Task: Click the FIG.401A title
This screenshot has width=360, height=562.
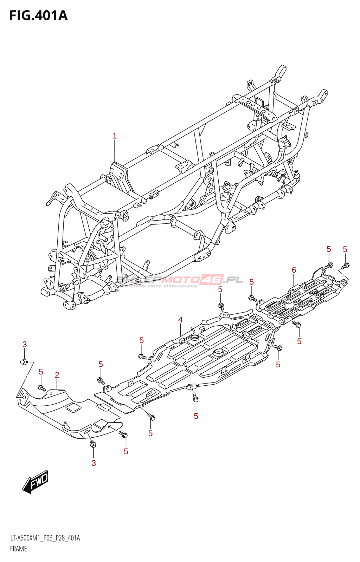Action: point(38,16)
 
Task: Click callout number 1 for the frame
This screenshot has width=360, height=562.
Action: point(114,136)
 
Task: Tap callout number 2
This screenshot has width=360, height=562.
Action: point(57,375)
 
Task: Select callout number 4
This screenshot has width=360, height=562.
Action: point(180,320)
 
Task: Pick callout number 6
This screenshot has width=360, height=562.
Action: point(294,270)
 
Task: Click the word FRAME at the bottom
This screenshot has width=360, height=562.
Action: point(18,549)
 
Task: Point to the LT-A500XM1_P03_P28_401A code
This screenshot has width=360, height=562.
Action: point(45,538)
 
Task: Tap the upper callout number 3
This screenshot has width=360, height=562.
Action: point(25,345)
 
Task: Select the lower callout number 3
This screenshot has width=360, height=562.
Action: point(94,463)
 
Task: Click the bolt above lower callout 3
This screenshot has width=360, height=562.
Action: point(93,444)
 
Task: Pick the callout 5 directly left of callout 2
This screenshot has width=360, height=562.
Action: point(41,372)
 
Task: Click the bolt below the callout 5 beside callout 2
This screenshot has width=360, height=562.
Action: point(41,388)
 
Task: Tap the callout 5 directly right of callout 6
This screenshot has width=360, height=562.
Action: point(329,249)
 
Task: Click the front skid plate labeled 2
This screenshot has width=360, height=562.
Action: point(70,414)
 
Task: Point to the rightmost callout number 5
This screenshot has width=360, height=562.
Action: point(345,249)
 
